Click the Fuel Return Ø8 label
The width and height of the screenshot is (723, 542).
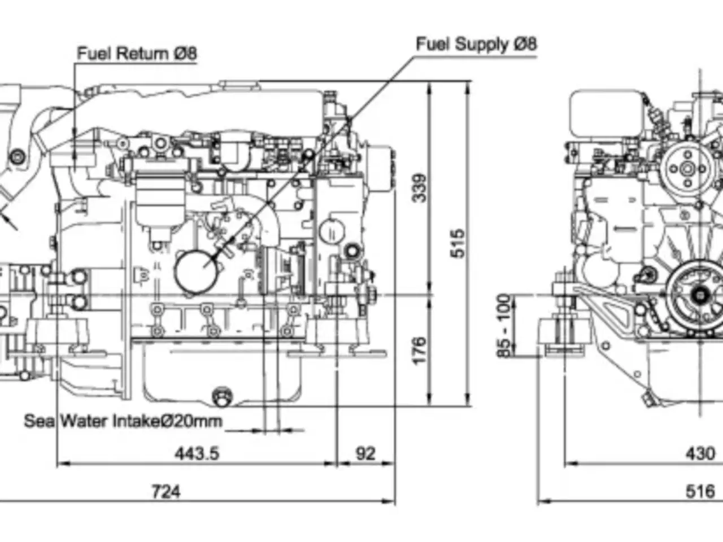(x=137, y=53)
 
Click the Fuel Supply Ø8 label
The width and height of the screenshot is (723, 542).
(x=476, y=44)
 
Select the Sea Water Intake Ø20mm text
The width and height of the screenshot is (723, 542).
(x=123, y=421)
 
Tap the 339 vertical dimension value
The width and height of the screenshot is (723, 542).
(x=419, y=188)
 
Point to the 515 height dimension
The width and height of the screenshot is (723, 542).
(x=458, y=243)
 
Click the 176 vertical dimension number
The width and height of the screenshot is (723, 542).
(x=419, y=351)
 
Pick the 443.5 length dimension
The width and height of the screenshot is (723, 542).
(x=197, y=454)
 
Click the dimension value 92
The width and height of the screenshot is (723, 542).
(x=365, y=454)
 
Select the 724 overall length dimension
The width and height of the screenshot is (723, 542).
(x=166, y=492)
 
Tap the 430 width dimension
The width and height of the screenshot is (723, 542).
(x=700, y=454)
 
